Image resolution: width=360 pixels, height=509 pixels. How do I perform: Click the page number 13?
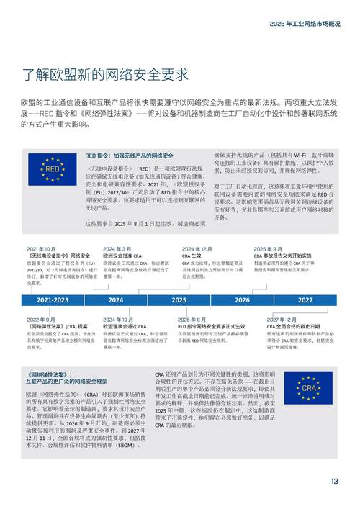tap(333, 481)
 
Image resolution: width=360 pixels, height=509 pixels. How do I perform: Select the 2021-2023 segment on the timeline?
tap(53, 299)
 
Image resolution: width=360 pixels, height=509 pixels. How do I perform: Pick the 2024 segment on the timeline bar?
tap(116, 299)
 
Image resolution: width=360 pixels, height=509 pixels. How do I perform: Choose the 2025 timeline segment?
tap(179, 299)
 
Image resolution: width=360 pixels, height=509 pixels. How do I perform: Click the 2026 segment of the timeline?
tap(242, 299)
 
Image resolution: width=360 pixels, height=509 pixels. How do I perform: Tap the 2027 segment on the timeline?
tap(305, 299)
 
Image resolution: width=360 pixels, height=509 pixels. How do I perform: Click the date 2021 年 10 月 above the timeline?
tap(42, 249)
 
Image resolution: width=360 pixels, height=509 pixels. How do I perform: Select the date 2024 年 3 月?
tap(117, 249)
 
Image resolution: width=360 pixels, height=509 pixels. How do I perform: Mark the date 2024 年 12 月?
tap(197, 249)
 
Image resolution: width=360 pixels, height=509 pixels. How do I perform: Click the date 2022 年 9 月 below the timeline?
tap(42, 320)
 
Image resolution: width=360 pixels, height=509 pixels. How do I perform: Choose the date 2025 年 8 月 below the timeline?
tap(192, 320)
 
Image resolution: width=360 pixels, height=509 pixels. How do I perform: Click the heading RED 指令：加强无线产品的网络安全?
tap(130, 156)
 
